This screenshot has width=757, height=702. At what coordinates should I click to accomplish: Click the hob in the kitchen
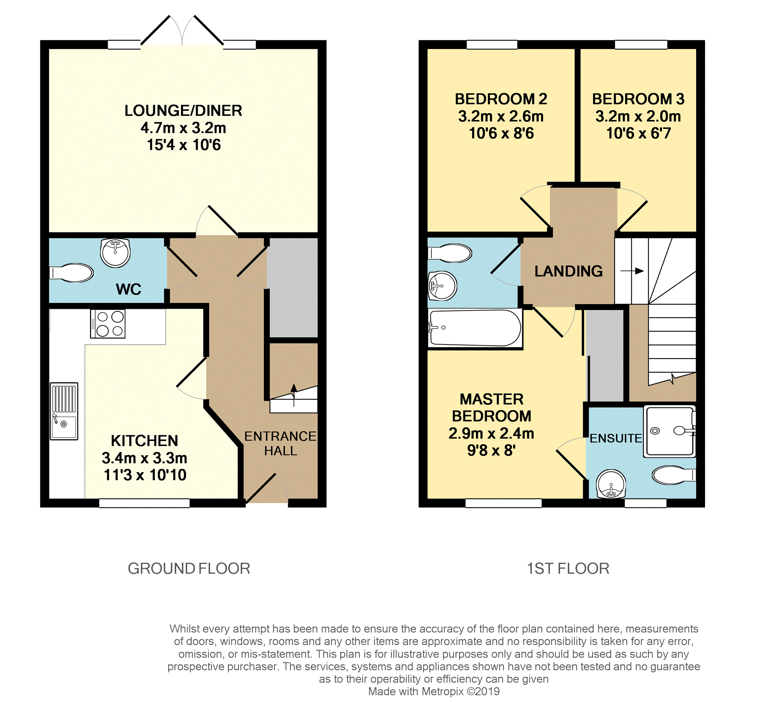coord(108,323)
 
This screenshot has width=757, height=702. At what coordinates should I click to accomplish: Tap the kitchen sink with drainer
coord(64,411)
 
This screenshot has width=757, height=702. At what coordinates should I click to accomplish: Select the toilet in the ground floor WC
coord(72,272)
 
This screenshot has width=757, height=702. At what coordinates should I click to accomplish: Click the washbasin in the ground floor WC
coord(115,253)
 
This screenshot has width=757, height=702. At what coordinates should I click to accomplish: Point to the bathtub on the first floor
coord(475,327)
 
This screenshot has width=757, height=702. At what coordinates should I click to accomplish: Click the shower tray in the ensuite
coord(669,431)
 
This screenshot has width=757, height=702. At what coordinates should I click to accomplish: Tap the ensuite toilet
coord(673,475)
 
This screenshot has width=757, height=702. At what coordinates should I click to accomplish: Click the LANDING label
coord(568,271)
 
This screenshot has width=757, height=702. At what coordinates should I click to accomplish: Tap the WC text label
coord(129,290)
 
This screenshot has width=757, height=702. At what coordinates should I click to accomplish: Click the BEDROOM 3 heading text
coord(638,99)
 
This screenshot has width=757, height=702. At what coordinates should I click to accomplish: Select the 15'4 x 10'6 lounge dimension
coord(184,145)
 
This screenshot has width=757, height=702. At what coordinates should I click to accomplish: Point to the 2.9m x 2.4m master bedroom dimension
coord(491,433)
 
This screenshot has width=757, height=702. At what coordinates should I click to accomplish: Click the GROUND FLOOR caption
coord(189,569)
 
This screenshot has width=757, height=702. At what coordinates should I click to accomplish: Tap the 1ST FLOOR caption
coord(568,569)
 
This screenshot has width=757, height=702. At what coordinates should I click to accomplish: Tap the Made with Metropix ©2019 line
coord(434,692)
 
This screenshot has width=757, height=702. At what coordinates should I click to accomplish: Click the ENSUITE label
coord(615,438)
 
